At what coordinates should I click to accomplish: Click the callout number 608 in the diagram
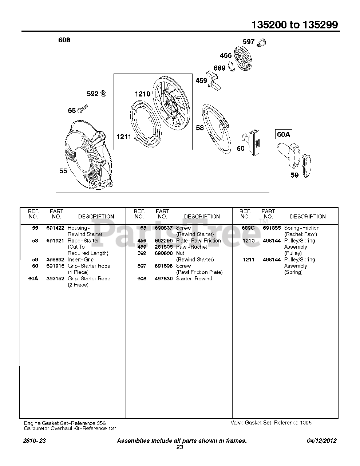64,40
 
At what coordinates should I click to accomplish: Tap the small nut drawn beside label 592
103,94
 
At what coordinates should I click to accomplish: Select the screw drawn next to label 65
82,108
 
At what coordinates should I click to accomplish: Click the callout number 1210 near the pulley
142,94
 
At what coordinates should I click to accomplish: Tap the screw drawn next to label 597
261,43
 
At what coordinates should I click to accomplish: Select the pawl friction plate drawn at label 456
242,60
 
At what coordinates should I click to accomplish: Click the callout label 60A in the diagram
284,134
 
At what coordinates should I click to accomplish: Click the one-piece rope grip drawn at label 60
253,142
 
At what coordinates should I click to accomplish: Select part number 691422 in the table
55,228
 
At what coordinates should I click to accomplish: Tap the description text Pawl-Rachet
191,247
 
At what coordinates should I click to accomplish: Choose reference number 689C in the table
248,228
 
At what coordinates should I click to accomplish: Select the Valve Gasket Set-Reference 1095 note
271,423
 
